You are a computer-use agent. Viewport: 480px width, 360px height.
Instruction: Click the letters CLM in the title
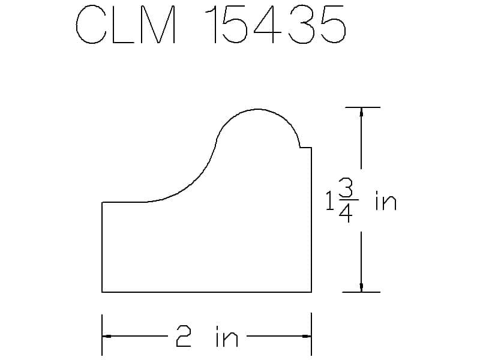coord(126,25)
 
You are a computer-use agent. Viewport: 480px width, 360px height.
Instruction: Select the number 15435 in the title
coord(275,25)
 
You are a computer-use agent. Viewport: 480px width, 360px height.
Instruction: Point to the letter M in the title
coord(158,25)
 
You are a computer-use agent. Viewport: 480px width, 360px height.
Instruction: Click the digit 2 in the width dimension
coord(184,336)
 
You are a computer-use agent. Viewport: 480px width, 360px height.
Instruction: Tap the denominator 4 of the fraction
coord(346,212)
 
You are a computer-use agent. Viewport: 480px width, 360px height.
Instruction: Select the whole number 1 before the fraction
coord(329,200)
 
